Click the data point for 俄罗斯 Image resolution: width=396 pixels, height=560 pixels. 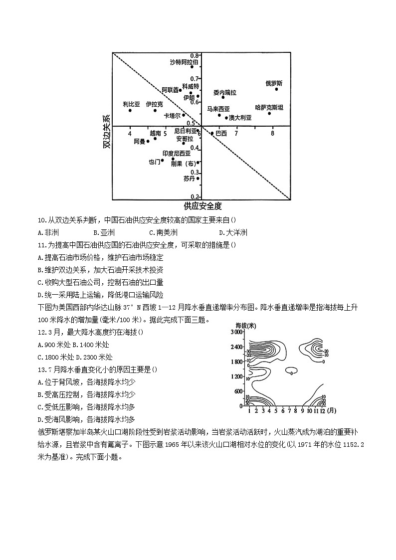click(276, 89)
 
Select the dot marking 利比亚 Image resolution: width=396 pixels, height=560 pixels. click(130, 110)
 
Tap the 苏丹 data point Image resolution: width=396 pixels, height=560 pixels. click(198, 179)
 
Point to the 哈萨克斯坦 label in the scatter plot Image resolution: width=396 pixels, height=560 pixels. click(269, 107)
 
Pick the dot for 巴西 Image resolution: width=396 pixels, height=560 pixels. click(212, 133)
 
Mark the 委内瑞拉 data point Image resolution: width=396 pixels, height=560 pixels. click(223, 97)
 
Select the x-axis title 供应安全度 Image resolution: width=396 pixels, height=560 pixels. click(202, 206)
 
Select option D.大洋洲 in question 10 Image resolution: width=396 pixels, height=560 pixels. click(233, 232)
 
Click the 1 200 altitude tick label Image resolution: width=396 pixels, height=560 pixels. click(236, 376)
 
